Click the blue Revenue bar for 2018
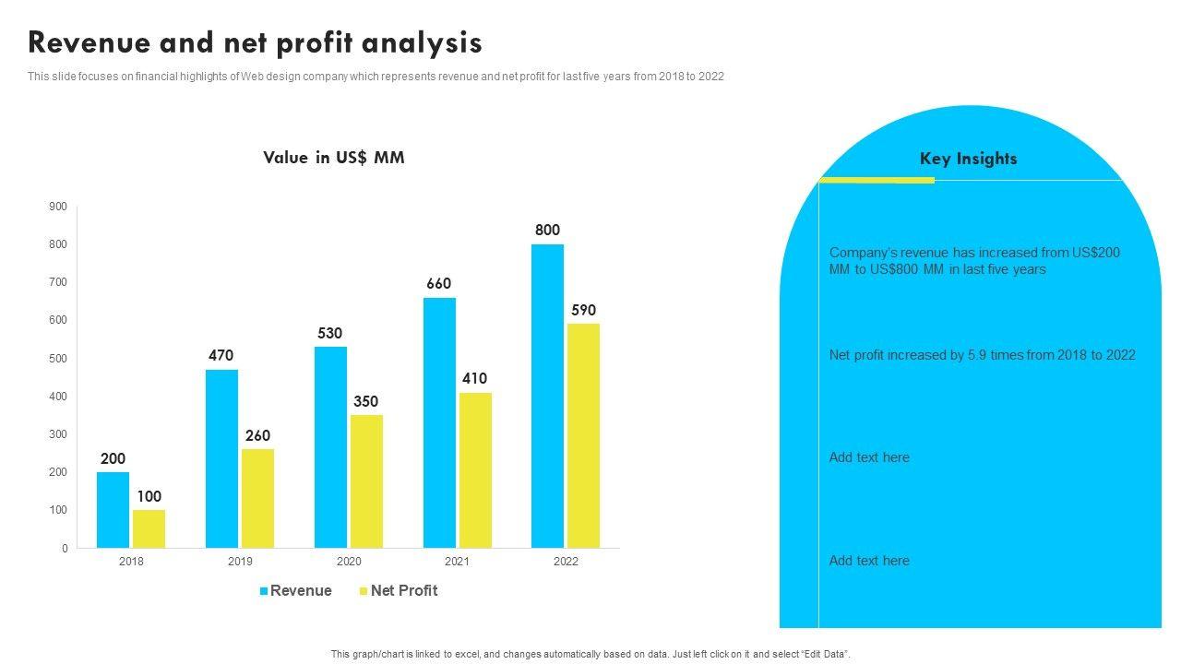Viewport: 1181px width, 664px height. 113,510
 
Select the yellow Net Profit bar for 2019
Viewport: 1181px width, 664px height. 257,498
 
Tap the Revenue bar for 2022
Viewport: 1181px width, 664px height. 547,397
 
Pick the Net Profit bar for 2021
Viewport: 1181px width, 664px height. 475,470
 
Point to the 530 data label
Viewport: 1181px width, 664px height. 330,333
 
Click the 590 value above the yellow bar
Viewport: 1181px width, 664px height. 583,310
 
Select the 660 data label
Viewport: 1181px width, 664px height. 438,283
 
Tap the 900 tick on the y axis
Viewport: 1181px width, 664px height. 58,207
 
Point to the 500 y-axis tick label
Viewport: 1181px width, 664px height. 58,358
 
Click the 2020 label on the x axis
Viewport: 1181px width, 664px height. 349,562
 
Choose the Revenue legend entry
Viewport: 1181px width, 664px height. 295,590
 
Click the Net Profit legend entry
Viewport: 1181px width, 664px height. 398,590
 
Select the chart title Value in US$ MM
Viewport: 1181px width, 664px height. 333,157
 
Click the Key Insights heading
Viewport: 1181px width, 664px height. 968,159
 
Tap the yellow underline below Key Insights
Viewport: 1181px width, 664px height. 877,180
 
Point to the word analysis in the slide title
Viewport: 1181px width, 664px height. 422,42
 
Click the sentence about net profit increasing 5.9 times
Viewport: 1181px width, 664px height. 982,355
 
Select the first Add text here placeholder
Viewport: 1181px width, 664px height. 869,457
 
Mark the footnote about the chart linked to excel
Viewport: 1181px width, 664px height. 590,654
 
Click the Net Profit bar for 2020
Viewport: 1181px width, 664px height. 366,481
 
